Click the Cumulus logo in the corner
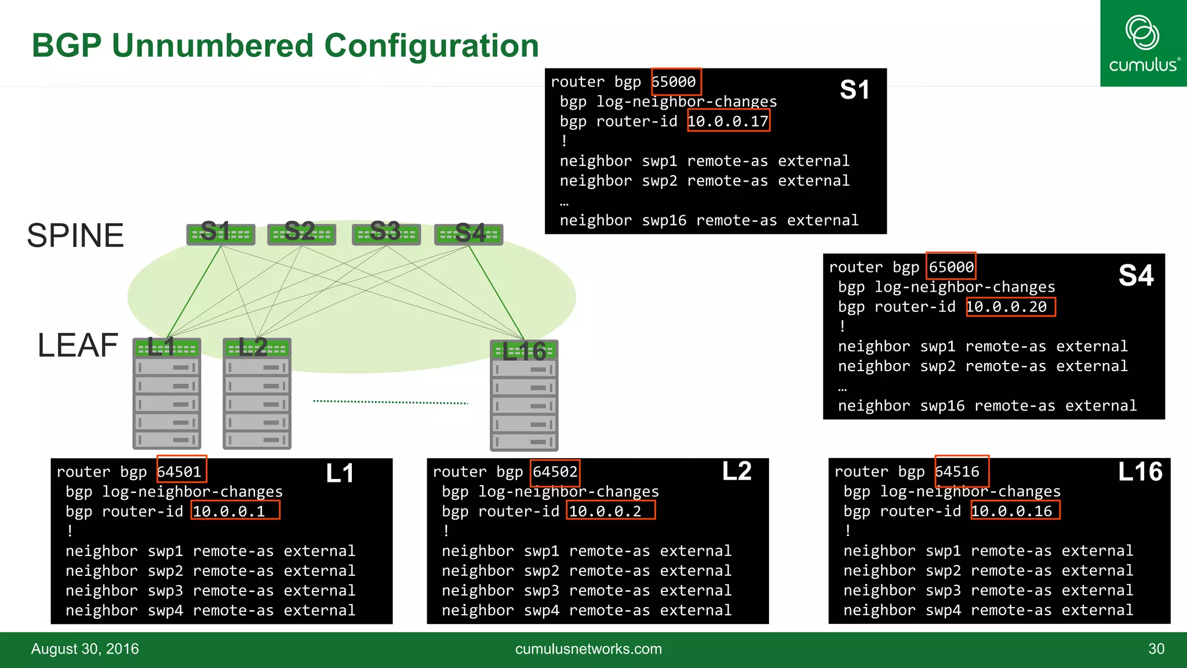tap(1142, 43)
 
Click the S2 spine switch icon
tap(301, 234)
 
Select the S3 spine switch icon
tap(386, 234)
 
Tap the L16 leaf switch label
tap(524, 351)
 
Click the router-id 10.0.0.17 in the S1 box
tap(728, 121)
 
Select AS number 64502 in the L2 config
tap(555, 471)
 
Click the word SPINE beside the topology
tap(75, 235)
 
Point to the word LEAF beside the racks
tap(78, 346)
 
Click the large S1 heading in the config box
tap(854, 90)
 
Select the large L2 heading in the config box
tap(737, 471)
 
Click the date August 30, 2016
tap(85, 649)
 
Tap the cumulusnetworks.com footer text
tap(588, 649)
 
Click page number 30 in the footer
tap(1156, 649)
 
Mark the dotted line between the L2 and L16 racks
tap(390, 402)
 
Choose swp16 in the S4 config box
tap(942, 406)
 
